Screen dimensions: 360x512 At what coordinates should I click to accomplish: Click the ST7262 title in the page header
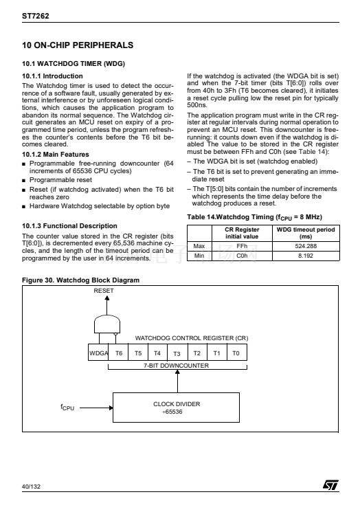(x=36, y=16)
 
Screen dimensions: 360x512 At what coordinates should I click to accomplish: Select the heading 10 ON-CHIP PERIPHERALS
(x=78, y=45)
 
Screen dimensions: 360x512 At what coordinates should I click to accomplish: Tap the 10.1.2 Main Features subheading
(x=56, y=154)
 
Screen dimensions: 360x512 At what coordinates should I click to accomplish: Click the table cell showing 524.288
(x=306, y=246)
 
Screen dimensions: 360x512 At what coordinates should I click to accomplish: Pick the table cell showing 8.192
(x=306, y=256)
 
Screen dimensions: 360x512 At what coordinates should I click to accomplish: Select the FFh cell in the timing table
(x=242, y=246)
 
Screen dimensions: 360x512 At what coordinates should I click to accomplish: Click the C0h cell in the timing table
(x=242, y=256)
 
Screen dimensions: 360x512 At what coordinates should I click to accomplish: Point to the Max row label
(x=199, y=246)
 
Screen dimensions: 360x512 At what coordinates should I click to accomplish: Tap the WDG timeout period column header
(x=306, y=233)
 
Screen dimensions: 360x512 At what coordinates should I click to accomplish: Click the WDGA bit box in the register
(x=98, y=353)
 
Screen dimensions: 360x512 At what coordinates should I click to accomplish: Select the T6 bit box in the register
(x=118, y=353)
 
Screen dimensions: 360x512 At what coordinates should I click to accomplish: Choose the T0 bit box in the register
(x=236, y=353)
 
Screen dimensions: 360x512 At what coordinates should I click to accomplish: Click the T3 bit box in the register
(x=177, y=353)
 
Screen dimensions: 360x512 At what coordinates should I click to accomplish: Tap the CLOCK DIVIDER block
(x=177, y=408)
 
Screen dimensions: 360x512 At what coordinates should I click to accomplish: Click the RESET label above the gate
(x=104, y=291)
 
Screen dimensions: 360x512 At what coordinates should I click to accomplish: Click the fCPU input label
(x=67, y=408)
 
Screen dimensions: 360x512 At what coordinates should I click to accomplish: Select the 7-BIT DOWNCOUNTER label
(x=177, y=366)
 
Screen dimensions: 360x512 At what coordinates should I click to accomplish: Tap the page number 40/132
(x=31, y=487)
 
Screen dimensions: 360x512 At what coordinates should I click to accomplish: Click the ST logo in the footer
(x=330, y=485)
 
